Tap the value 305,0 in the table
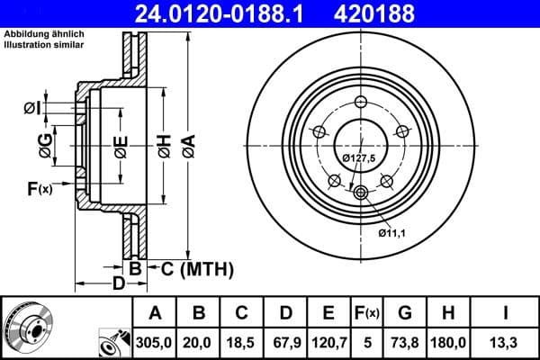pyautogui.click(x=155, y=342)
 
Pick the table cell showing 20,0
pyautogui.click(x=199, y=342)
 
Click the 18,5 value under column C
pyautogui.click(x=242, y=342)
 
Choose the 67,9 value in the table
pyautogui.click(x=286, y=342)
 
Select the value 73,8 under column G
pyautogui.click(x=406, y=342)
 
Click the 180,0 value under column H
pyautogui.click(x=450, y=342)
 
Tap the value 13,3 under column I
pyautogui.click(x=505, y=342)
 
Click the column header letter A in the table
pyautogui.click(x=155, y=314)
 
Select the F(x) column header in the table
pyautogui.click(x=368, y=314)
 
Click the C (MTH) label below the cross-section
pyautogui.click(x=190, y=268)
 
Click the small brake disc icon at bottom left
pyautogui.click(x=27, y=327)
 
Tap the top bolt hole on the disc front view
pyautogui.click(x=362, y=102)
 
